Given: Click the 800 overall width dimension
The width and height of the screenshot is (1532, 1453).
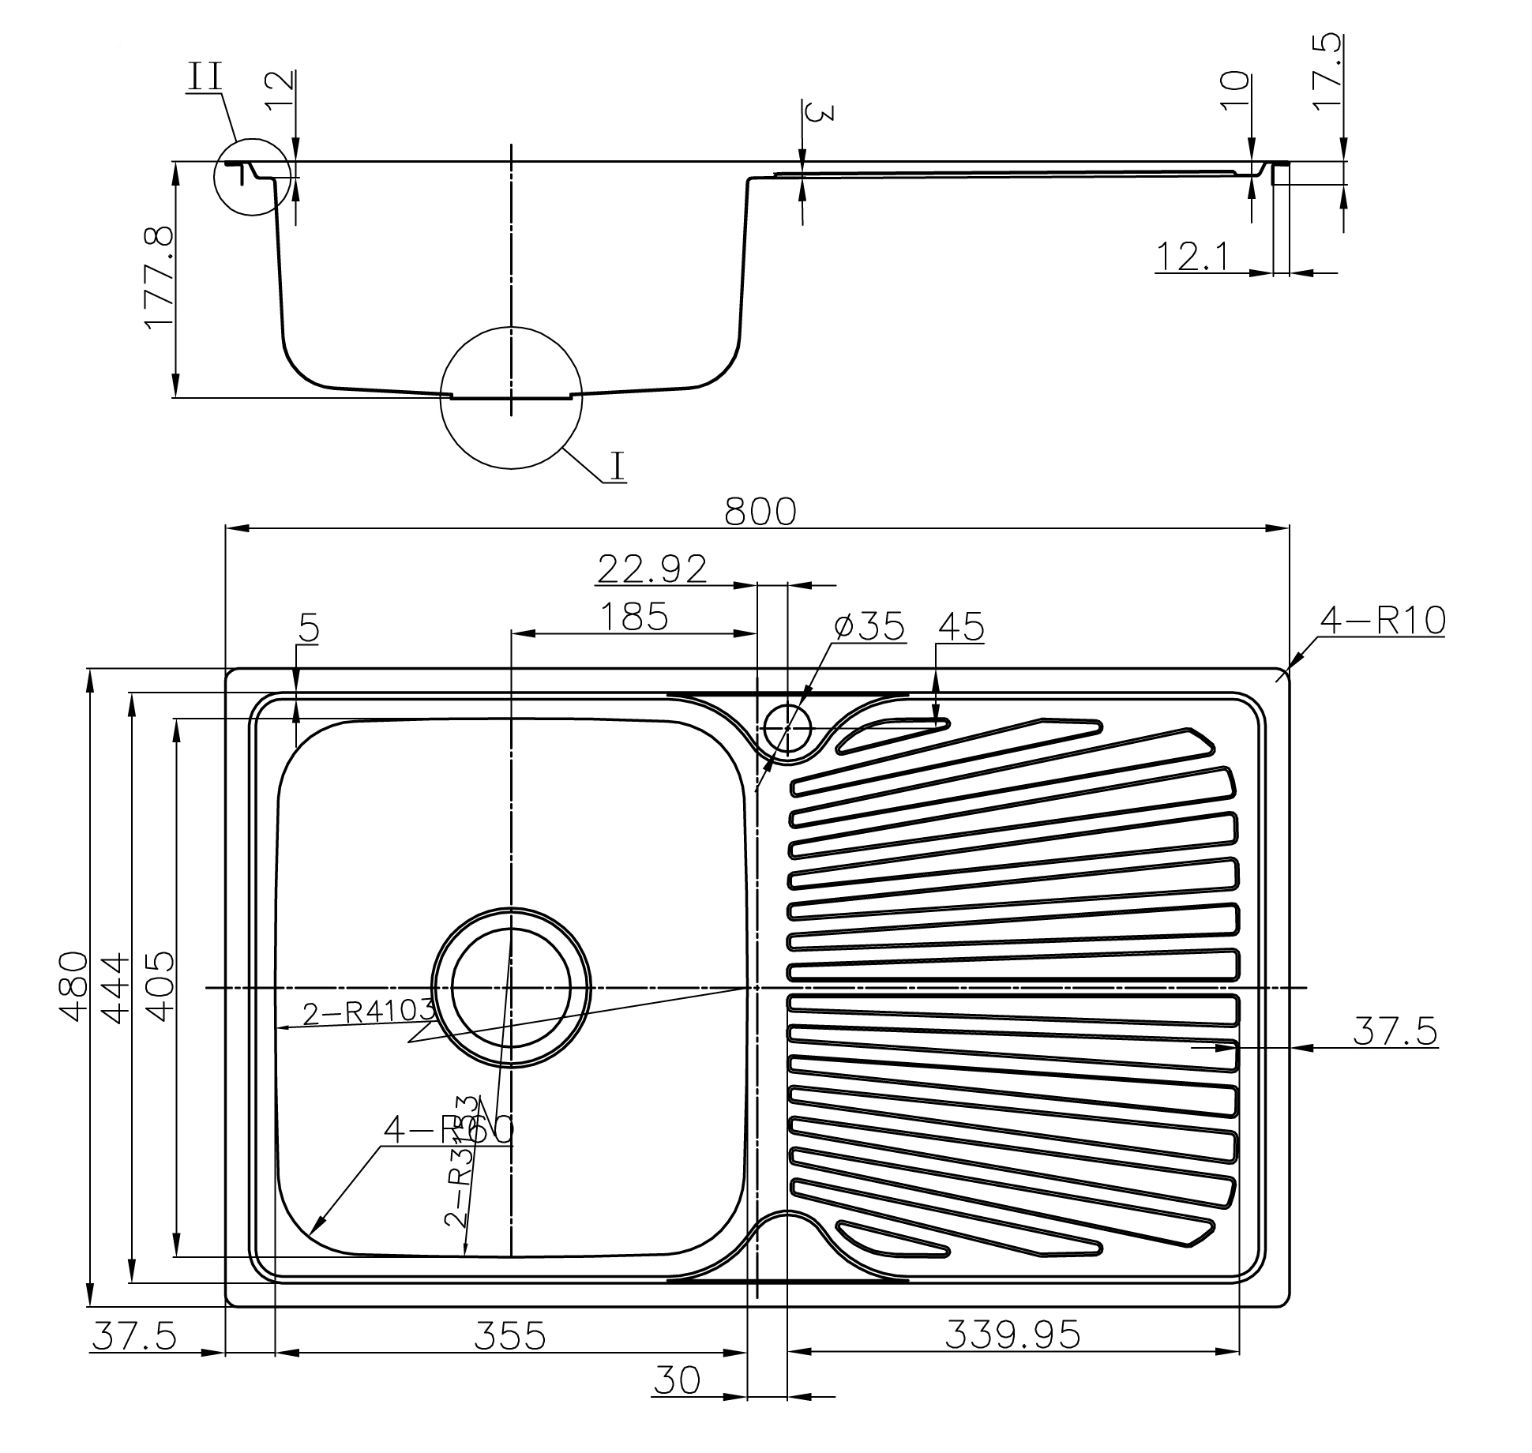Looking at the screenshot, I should point(760,512).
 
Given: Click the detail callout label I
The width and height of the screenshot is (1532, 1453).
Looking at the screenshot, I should point(618,466).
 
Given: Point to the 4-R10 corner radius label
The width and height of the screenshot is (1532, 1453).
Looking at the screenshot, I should point(1383,621).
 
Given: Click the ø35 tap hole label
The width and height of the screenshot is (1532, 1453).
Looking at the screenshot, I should point(869,626).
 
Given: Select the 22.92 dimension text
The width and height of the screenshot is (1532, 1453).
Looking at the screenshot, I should point(651,569).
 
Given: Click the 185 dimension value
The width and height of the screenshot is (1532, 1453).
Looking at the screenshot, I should point(633,617).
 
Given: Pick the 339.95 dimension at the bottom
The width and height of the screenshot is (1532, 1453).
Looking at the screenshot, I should point(1012,1334).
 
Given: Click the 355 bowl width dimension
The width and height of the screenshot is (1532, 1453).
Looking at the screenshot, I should point(509,1335).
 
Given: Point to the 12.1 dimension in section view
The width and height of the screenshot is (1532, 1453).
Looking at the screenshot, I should point(1192,257).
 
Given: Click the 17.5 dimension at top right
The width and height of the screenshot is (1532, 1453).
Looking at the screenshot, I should point(1327,71).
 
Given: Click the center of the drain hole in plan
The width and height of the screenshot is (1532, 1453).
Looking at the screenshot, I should point(511,987).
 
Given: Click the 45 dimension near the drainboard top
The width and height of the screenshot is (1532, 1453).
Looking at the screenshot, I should point(961,627).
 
